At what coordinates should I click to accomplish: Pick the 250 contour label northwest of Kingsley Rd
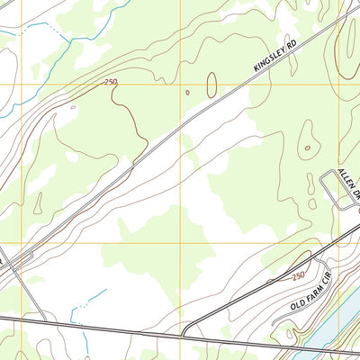[111, 82]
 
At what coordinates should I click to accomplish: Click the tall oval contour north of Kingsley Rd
[211, 85]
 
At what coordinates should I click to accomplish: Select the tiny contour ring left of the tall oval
[187, 92]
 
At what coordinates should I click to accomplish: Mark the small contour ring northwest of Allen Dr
[308, 148]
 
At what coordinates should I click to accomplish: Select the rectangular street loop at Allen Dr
[337, 190]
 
